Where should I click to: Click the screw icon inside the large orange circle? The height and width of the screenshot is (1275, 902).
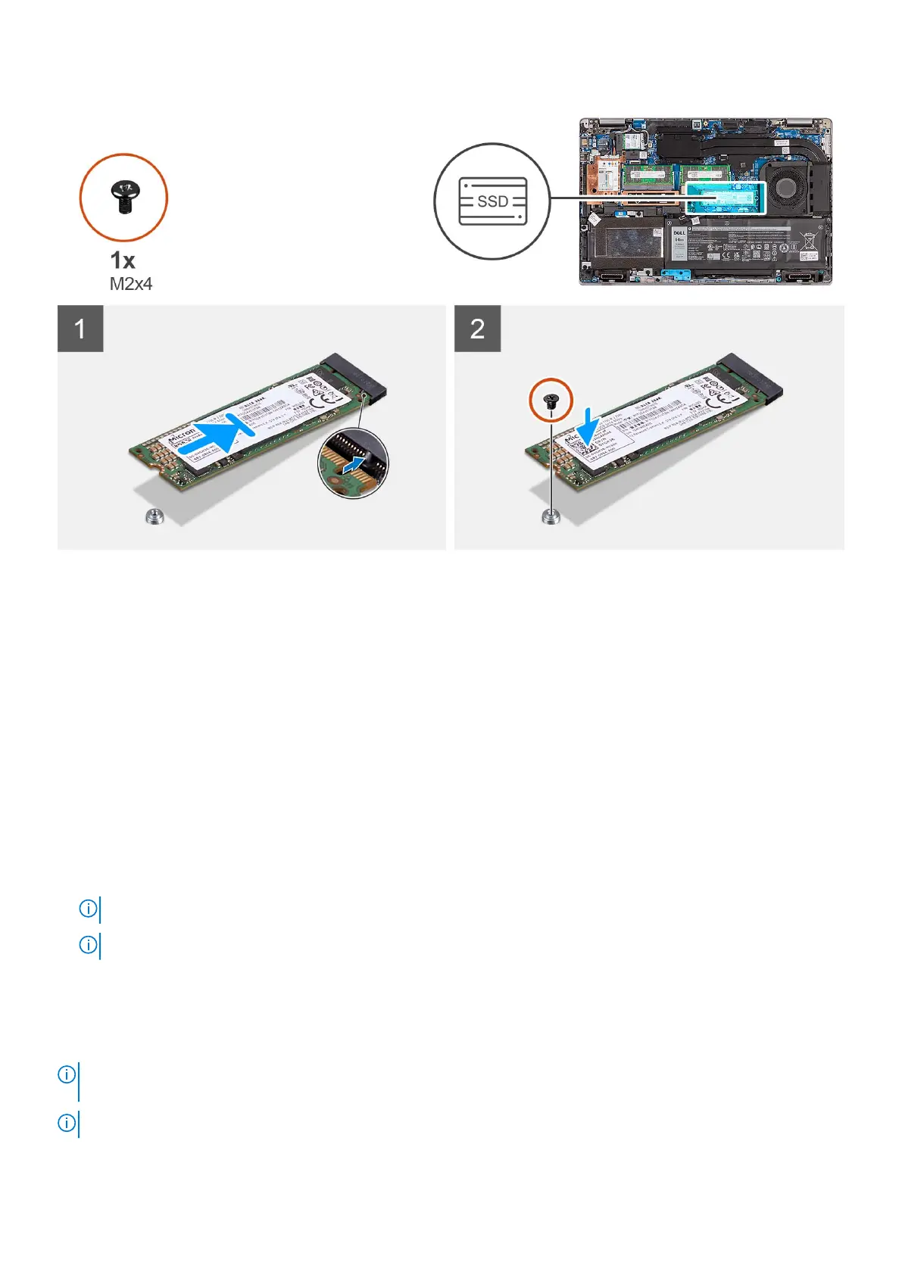point(122,197)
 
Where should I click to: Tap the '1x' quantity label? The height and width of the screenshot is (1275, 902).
point(123,260)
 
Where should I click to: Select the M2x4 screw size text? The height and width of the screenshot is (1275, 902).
point(131,284)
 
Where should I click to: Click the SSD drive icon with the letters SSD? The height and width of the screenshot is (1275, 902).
point(492,201)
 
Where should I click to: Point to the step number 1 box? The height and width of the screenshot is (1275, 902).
point(80,329)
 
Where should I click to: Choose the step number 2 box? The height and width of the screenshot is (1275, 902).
point(477,329)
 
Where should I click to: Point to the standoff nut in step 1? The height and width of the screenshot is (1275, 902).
point(154,517)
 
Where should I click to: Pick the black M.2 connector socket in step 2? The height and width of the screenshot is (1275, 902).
point(753,376)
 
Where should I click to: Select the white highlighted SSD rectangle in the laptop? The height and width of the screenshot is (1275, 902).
point(725,198)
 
